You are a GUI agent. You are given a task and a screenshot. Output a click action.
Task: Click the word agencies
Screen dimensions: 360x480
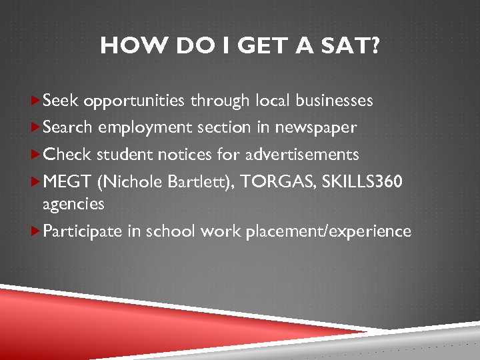point(73,204)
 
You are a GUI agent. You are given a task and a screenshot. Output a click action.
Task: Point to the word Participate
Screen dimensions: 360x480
point(83,231)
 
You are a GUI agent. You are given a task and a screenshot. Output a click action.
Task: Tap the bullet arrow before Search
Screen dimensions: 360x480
point(36,127)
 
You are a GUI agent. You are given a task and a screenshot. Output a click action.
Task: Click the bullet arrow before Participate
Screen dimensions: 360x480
point(36,231)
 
